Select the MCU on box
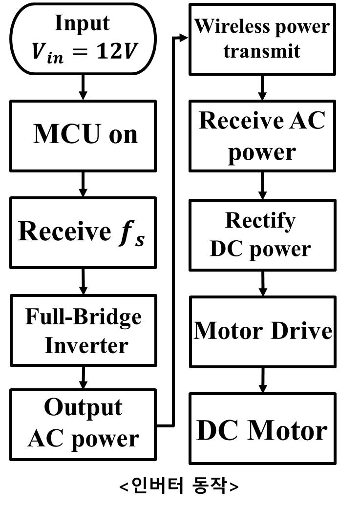83,135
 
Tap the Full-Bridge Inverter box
83,330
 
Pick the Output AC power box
83,424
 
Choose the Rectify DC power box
262,235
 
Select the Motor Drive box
262,331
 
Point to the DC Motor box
262,429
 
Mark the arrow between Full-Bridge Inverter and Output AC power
83,377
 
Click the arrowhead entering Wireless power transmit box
184,38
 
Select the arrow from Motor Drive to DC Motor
263,380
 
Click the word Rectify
260,221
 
